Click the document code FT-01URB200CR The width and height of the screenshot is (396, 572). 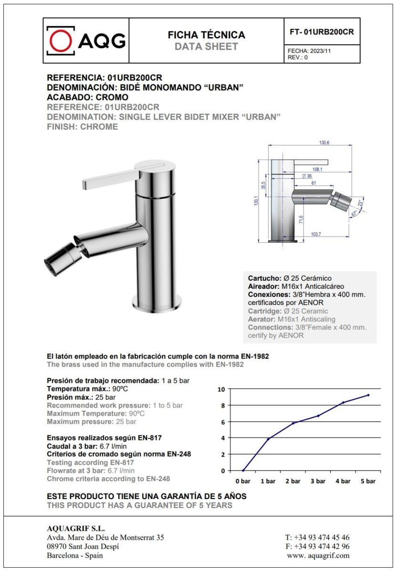tap(322, 32)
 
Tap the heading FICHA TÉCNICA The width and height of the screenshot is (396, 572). tap(207, 35)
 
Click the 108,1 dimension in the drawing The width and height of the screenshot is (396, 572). tap(317, 169)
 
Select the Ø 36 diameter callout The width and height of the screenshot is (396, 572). tap(307, 176)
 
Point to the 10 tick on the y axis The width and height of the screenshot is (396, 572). tap(221, 389)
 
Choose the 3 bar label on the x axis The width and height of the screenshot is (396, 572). tap(318, 481)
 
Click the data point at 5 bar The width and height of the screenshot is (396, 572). tap(368, 395)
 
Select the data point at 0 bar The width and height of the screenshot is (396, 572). tap(243, 470)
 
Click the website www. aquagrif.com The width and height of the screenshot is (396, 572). tap(318, 555)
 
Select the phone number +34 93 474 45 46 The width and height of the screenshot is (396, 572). tap(322, 537)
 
